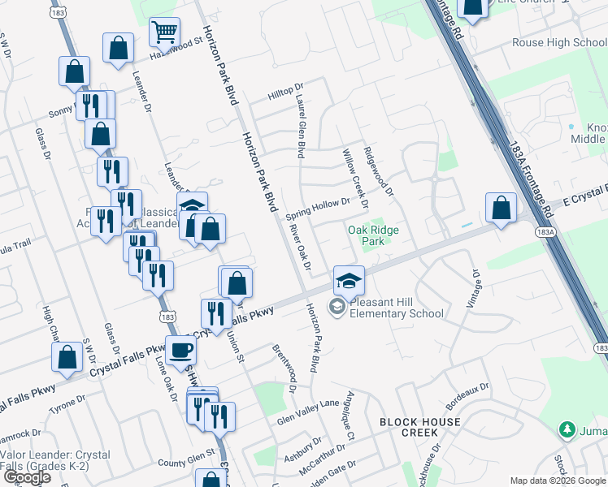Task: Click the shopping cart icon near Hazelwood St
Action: pyautogui.click(x=165, y=33)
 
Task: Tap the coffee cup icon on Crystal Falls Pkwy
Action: pyautogui.click(x=180, y=351)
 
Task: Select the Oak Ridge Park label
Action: pyautogui.click(x=373, y=235)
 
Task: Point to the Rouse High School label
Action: pyautogui.click(x=559, y=43)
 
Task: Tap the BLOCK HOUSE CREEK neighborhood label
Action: pyautogui.click(x=420, y=427)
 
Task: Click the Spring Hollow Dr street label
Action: pyautogui.click(x=318, y=209)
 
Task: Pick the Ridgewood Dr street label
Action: pyautogui.click(x=379, y=172)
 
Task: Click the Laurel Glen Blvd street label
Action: pyautogui.click(x=300, y=128)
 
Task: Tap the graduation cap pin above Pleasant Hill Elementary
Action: pyautogui.click(x=348, y=281)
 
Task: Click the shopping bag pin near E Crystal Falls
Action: pyautogui.click(x=502, y=208)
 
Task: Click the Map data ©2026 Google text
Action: pyautogui.click(x=557, y=481)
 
